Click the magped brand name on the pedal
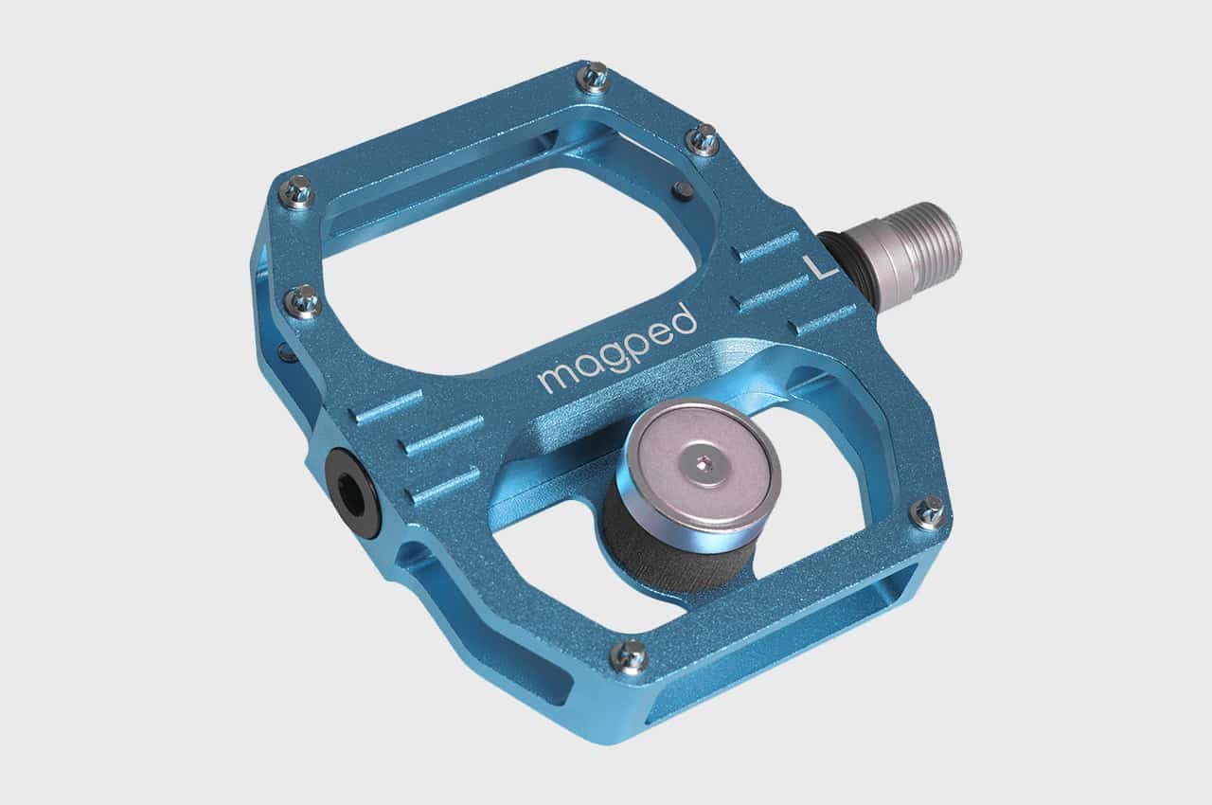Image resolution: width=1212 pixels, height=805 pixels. (617, 349)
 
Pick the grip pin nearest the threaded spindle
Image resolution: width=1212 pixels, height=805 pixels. (702, 139)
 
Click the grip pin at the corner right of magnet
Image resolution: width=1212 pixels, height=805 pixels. (928, 512)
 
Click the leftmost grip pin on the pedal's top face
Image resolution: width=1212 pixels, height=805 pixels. (295, 192)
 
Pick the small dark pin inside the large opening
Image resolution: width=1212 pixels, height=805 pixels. (679, 190)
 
